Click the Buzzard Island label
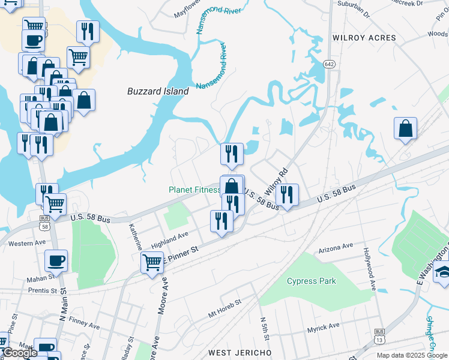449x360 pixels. pos(158,92)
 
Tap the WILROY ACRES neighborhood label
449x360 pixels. pos(364,38)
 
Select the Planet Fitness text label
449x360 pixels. pos(194,190)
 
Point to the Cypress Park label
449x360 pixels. pos(312,281)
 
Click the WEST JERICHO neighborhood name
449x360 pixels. pos(240,352)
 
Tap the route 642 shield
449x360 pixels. pos(328,64)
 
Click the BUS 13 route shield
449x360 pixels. pos(379,335)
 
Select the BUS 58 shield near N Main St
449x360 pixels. pos(45,223)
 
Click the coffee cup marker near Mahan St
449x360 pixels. pos(56,261)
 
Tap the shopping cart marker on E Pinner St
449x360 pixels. pos(152,262)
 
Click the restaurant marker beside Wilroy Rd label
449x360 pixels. pos(288,195)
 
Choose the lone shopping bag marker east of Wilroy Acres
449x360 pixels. pos(406,128)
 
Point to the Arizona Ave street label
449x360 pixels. pos(336,247)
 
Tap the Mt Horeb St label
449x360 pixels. pos(224,308)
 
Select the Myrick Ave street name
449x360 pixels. pos(323,326)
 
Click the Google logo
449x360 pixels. pos(20,353)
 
